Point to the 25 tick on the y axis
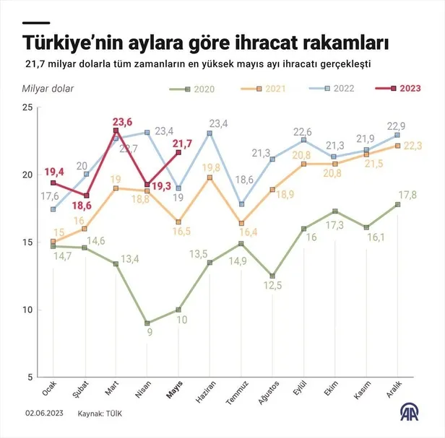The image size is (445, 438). [x=27, y=107]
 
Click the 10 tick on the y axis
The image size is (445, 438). [x=27, y=310]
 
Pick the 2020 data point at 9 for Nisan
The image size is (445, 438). [x=147, y=323]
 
